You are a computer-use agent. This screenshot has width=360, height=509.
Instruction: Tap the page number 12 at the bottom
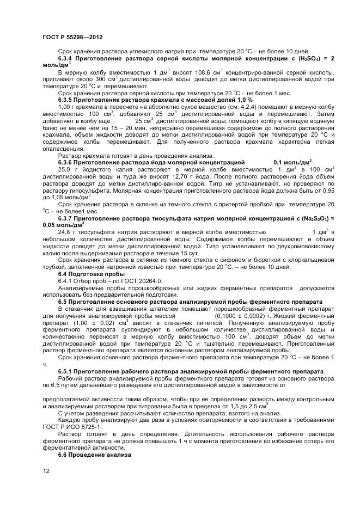pos(46,471)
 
